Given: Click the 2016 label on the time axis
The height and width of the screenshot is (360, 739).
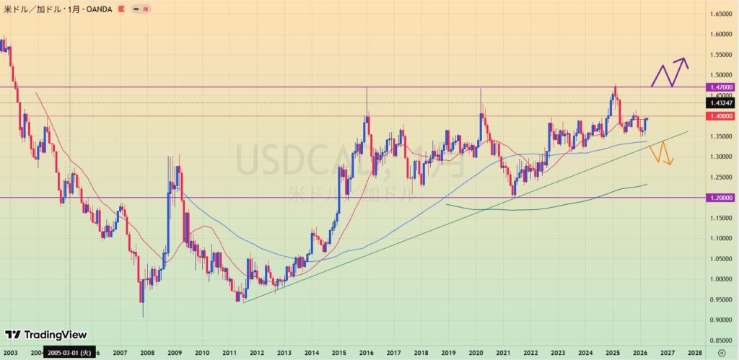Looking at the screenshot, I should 366,353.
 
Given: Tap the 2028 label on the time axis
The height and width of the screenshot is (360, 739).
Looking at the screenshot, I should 694,353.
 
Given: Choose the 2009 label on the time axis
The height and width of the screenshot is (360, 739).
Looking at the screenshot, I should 174,353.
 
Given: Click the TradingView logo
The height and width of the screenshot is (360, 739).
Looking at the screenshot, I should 45,335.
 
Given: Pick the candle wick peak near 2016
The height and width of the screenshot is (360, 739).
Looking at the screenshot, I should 367,88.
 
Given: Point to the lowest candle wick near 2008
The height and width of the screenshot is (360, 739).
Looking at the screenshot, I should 143,316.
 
